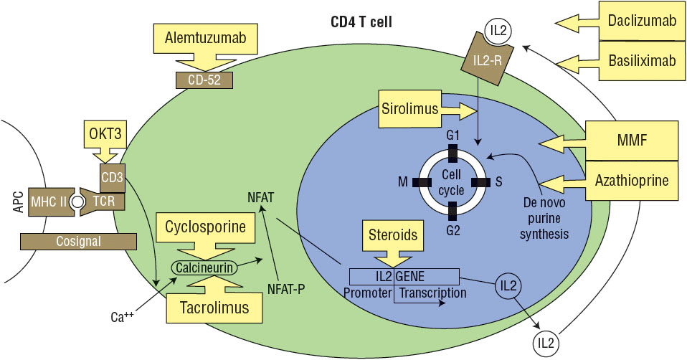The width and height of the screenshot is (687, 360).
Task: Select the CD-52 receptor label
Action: [204, 80]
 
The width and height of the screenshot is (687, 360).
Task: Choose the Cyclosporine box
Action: [206, 229]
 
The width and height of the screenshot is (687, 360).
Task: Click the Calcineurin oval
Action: [204, 267]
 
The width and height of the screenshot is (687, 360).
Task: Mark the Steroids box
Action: [393, 234]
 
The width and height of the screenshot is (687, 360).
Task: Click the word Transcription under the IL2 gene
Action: [432, 293]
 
